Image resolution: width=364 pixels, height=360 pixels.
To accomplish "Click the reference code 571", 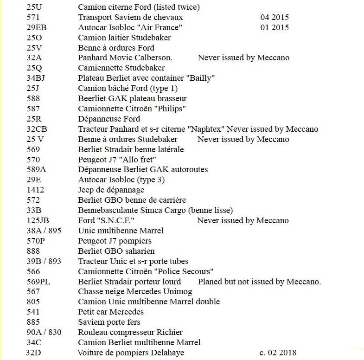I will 33,17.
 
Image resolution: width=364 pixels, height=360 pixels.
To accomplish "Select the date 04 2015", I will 275,17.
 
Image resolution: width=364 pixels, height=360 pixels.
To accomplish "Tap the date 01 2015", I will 275,27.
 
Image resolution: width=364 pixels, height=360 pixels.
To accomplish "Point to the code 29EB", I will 37,27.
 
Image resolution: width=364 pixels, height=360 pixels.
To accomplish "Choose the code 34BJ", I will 37,78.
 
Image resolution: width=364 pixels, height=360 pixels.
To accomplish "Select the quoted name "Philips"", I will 171,109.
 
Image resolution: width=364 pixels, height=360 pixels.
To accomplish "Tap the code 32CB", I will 37,129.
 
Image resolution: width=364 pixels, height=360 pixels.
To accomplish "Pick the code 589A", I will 36,169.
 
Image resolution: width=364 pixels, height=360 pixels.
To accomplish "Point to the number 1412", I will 35,190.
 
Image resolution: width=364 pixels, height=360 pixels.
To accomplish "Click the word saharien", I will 139,251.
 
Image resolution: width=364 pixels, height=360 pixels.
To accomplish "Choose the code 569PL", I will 38,282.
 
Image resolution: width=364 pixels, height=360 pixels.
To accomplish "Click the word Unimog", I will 177,291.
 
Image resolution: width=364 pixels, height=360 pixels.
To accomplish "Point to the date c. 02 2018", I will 278,353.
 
